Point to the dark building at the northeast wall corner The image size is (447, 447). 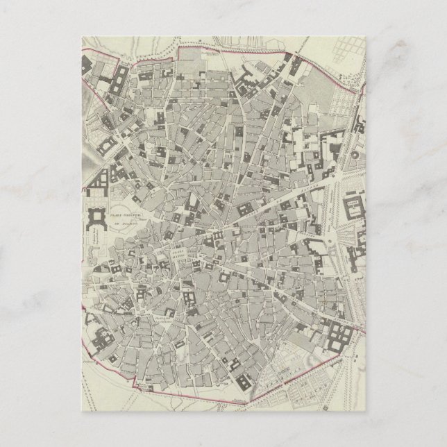(x=294, y=68)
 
